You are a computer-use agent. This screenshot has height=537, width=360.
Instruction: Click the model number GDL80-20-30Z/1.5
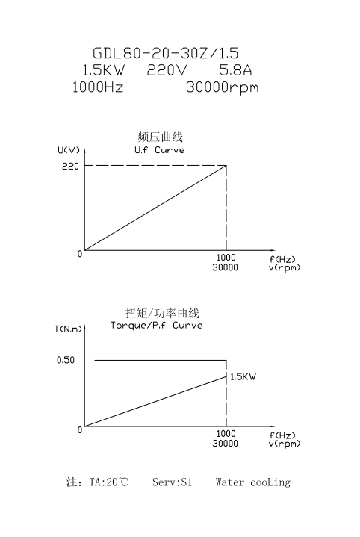tap(166, 53)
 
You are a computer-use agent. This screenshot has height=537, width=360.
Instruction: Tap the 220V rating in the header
tap(167, 70)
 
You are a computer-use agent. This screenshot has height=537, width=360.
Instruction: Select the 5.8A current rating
tap(235, 70)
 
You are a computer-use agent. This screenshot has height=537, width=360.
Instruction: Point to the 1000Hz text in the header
tap(98, 87)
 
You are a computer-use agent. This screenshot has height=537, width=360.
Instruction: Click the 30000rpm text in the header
tap(223, 87)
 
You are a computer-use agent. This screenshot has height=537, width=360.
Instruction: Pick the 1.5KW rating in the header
tap(104, 70)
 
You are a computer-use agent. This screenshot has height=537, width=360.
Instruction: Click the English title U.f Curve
tap(160, 150)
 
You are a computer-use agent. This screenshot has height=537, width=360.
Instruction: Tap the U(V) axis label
tap(69, 150)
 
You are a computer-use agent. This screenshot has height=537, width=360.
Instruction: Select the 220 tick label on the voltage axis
tap(70, 166)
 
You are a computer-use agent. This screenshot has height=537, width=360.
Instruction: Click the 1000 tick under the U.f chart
tap(226, 258)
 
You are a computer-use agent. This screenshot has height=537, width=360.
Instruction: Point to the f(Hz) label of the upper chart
tap(282, 259)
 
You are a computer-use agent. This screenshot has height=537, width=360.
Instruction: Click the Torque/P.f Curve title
tap(157, 326)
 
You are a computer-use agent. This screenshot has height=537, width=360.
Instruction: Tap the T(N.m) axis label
tap(68, 329)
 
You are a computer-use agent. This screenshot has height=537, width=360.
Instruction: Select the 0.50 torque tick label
tap(66, 360)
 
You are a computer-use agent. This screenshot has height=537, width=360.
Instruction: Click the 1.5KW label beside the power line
tap(243, 376)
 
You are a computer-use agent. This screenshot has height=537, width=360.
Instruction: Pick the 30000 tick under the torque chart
tap(225, 444)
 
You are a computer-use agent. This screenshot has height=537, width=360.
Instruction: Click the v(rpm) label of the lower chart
tap(285, 444)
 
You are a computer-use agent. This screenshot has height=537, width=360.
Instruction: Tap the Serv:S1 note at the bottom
tap(173, 482)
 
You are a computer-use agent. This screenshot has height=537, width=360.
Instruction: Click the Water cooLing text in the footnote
tap(253, 482)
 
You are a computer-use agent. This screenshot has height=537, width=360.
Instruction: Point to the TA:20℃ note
tap(108, 482)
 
